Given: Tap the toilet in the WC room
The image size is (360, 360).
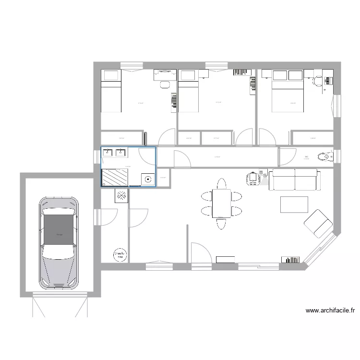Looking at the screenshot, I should (x=323, y=156).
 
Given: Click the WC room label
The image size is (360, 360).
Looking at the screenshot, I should (x=306, y=157).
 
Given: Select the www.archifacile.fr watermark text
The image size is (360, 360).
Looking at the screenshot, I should (x=330, y=311).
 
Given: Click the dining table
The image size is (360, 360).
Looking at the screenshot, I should (x=221, y=203).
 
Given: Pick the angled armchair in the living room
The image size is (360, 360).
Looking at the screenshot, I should (x=317, y=223).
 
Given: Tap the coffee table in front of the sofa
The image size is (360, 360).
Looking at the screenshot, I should (x=294, y=204).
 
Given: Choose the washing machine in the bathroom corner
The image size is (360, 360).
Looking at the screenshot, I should (x=147, y=179).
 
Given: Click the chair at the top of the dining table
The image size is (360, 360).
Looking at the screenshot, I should (x=221, y=183).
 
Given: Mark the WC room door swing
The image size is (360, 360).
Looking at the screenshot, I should (x=287, y=156).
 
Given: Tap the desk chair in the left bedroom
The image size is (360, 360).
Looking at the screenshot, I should (x=165, y=84).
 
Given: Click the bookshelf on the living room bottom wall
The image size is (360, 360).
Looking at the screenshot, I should (x=291, y=260).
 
